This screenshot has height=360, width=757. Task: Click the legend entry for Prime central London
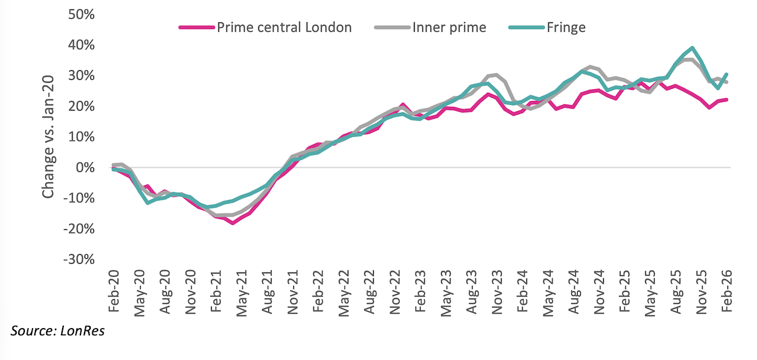(x=284, y=27)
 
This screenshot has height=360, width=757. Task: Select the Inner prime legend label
(x=449, y=27)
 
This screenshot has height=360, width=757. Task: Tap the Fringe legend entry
(x=567, y=27)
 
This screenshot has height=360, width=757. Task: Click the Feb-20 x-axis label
(x=114, y=292)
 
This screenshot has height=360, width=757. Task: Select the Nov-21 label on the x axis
(x=293, y=292)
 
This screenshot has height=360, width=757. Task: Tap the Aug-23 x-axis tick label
(x=471, y=292)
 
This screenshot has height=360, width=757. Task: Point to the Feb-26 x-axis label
(x=726, y=292)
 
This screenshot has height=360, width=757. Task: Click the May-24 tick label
(x=548, y=292)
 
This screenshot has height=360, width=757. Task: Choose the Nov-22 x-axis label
(x=395, y=292)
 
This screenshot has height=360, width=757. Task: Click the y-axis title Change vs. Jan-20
(x=48, y=137)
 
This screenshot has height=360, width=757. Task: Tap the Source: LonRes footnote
(x=57, y=330)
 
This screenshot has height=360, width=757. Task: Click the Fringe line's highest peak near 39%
(x=692, y=48)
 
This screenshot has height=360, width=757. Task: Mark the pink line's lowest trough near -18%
(x=233, y=223)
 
